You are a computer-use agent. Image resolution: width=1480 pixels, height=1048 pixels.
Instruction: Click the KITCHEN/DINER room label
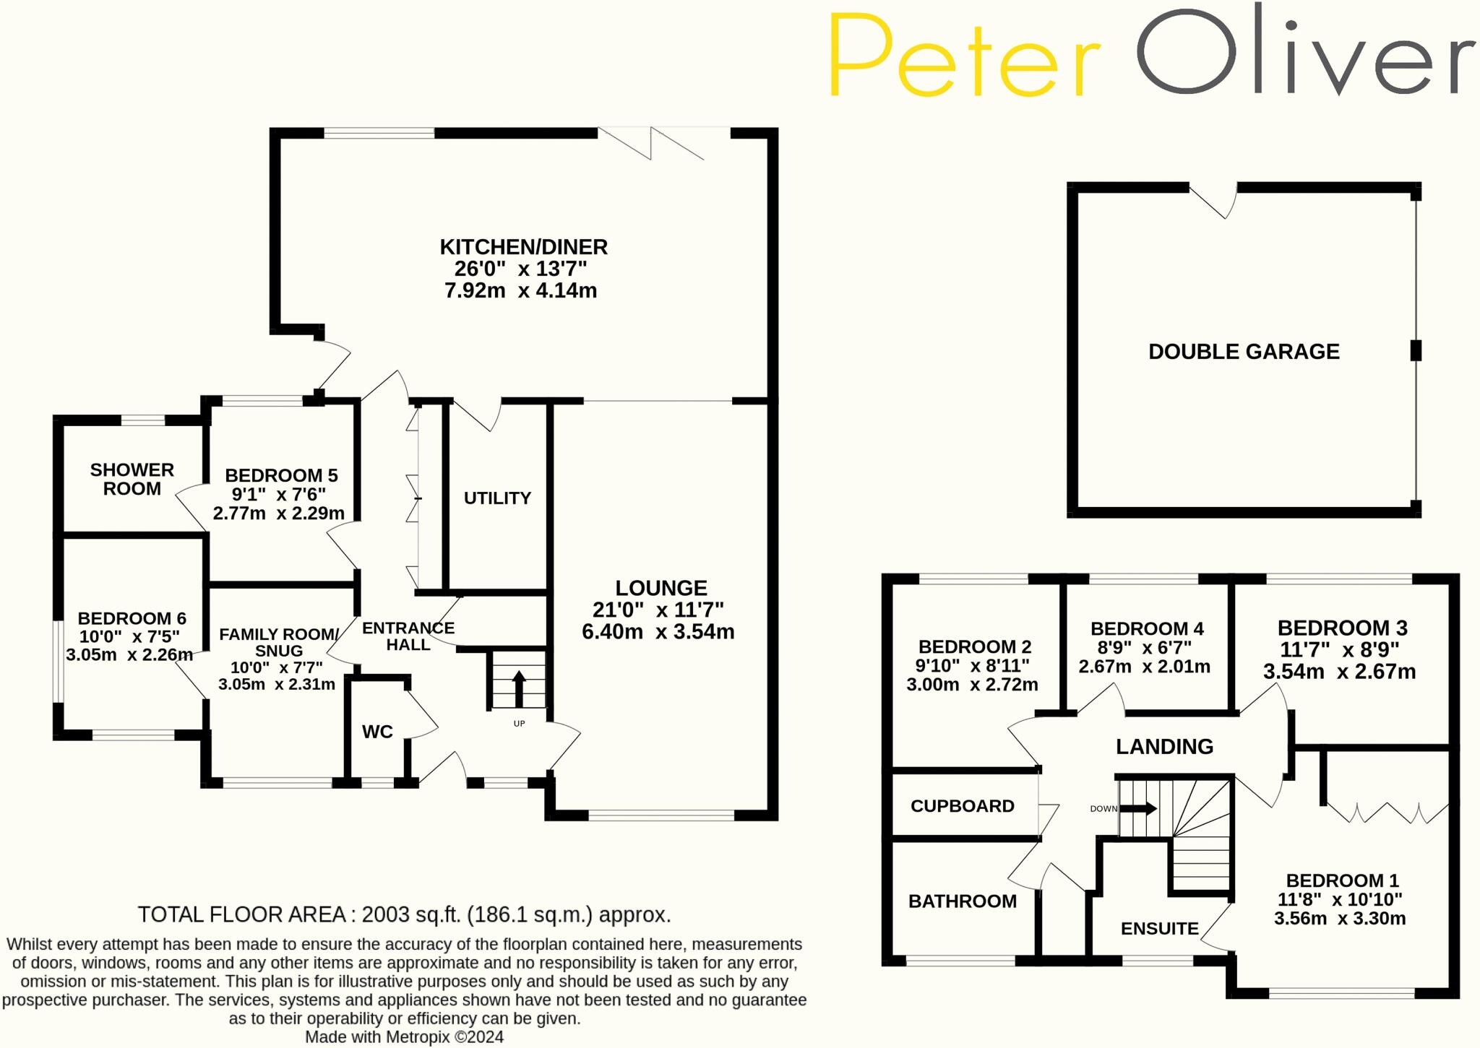coord(523,247)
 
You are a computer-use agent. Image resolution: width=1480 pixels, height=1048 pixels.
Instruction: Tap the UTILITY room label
coord(497,498)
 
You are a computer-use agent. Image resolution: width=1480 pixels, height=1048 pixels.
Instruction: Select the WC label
coord(377,732)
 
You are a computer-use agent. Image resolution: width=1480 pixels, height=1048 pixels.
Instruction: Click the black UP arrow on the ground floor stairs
coord(519,689)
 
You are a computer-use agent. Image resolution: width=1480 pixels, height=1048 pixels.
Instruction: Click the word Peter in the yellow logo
coord(964,57)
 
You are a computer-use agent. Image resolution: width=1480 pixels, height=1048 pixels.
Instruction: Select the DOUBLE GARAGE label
coord(1244,352)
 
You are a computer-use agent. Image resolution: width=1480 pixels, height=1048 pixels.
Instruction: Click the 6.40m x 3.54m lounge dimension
coord(658,632)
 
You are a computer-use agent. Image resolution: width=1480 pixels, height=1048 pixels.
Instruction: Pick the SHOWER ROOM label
coord(132,479)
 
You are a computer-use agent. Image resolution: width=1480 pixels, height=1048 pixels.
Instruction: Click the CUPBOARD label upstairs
coord(962,806)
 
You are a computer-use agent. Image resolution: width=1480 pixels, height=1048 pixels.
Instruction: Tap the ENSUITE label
coord(1159,928)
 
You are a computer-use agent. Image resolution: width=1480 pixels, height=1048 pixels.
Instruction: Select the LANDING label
coord(1164,747)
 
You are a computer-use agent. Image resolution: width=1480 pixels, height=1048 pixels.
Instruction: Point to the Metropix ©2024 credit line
coord(404,1037)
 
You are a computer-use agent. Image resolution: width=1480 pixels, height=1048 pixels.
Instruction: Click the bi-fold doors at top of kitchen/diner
coord(650,143)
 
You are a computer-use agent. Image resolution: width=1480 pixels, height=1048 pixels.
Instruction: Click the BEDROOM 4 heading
coord(1147,628)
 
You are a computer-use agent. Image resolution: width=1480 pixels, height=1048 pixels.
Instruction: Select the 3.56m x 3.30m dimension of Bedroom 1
coord(1339,919)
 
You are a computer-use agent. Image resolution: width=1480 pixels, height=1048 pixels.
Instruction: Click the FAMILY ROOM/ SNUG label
coord(278,642)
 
